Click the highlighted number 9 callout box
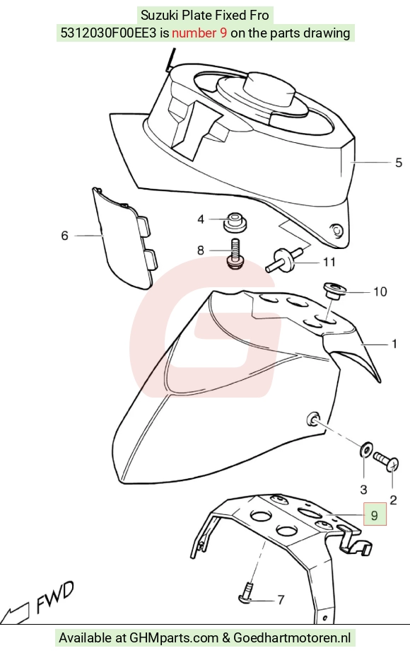pyautogui.click(x=375, y=515)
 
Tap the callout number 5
pyautogui.click(x=399, y=163)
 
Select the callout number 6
pyautogui.click(x=64, y=236)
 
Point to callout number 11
pyautogui.click(x=329, y=262)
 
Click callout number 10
pyautogui.click(x=380, y=292)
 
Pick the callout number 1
pyautogui.click(x=394, y=344)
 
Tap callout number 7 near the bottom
pyautogui.click(x=281, y=600)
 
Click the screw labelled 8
pyautogui.click(x=235, y=254)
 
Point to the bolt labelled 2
pyautogui.click(x=386, y=462)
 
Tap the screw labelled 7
pyautogui.click(x=247, y=593)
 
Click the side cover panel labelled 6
pyautogui.click(x=123, y=238)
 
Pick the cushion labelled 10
pyautogui.click(x=334, y=290)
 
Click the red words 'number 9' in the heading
pyautogui.click(x=199, y=33)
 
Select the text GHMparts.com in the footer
pyautogui.click(x=174, y=638)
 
